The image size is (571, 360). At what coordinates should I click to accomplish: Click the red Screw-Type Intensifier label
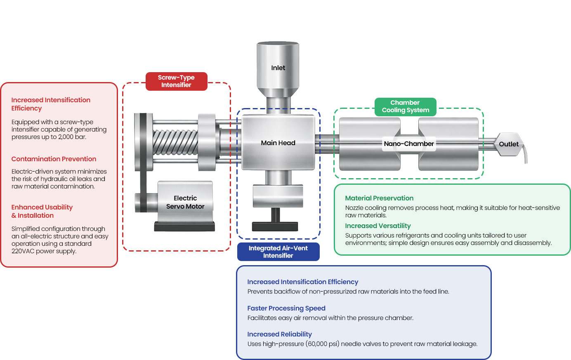[x=176, y=81]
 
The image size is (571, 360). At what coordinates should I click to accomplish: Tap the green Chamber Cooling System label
[x=405, y=106]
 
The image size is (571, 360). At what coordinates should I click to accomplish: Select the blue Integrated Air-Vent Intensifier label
[x=278, y=252]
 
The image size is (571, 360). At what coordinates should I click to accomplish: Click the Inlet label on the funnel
[x=278, y=68]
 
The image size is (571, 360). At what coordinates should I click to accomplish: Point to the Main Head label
[x=278, y=143]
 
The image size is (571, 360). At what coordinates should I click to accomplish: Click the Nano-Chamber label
[x=408, y=144]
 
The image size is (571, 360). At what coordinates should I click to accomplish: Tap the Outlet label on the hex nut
[x=508, y=144]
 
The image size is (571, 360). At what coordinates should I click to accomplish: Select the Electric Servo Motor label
[x=185, y=202]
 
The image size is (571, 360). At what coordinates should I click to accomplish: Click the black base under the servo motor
[x=184, y=226]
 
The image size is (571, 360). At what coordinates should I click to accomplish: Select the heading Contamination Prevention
[x=54, y=159]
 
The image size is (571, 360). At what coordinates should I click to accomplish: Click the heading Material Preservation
[x=379, y=198]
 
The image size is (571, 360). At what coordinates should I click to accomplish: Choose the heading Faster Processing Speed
[x=286, y=308]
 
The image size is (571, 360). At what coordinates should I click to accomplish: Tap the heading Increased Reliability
[x=279, y=334]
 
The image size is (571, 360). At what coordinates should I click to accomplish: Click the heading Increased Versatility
[x=378, y=226]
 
